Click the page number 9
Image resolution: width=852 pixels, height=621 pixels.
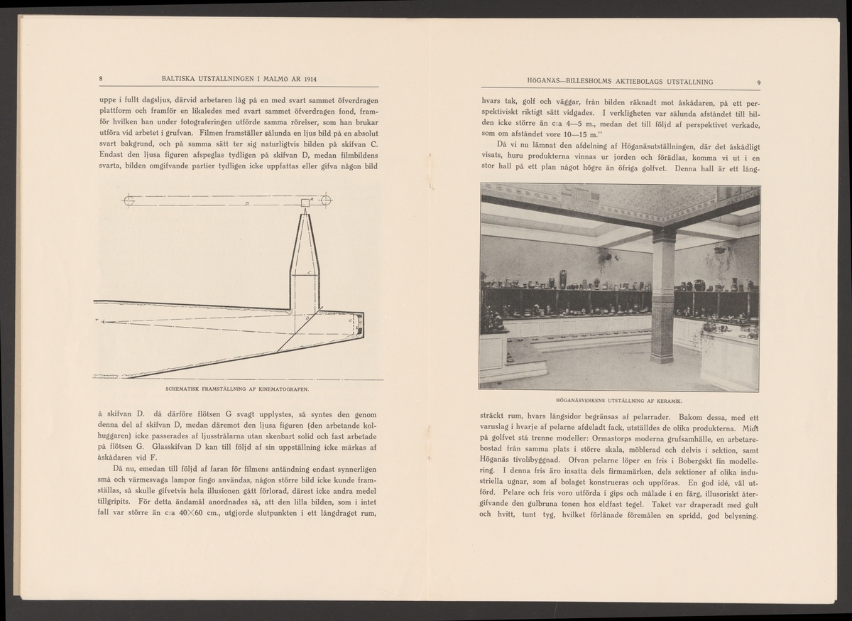coord(759,82)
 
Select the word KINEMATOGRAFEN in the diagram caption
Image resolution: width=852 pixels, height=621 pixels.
coord(284,389)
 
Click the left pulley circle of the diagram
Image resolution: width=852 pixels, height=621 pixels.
coord(129,200)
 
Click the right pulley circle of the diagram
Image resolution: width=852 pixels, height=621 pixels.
coord(326,200)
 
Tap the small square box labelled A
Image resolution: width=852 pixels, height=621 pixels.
coord(305,202)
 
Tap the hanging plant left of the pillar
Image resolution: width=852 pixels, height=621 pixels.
coord(604,257)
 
